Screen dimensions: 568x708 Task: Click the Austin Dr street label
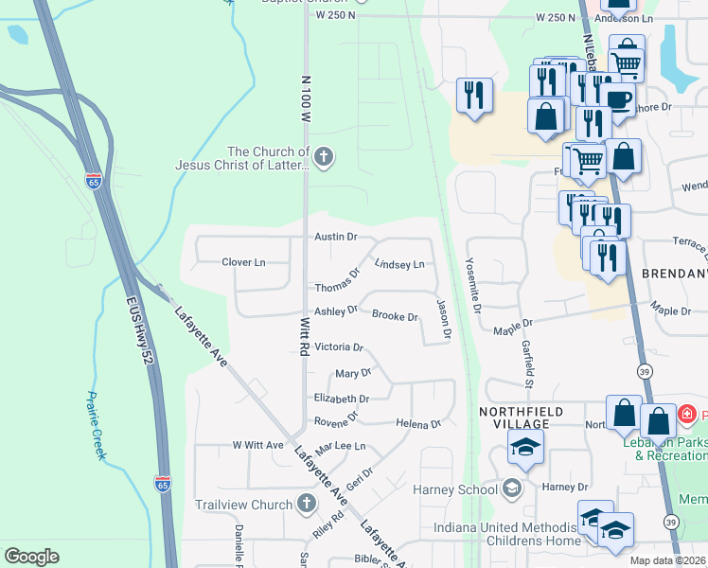coord(336,237)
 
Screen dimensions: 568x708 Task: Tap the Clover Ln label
coord(243,261)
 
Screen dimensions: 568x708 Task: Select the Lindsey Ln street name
coord(399,265)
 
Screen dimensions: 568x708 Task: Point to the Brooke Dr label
coord(395,316)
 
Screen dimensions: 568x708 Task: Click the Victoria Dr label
coord(339,347)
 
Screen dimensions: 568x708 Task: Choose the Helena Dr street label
coord(418,423)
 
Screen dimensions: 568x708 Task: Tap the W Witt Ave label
coord(258,445)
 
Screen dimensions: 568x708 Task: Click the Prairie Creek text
coord(96,426)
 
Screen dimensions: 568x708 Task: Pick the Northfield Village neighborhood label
coord(521,412)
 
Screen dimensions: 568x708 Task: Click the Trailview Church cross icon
coord(307,503)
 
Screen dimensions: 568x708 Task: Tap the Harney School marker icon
coord(512,488)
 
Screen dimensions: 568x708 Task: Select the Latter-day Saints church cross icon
coord(325,157)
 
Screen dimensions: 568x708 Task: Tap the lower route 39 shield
coord(670,521)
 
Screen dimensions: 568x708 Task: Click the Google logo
coord(31,557)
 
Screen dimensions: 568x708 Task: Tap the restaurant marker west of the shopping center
coord(474,95)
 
